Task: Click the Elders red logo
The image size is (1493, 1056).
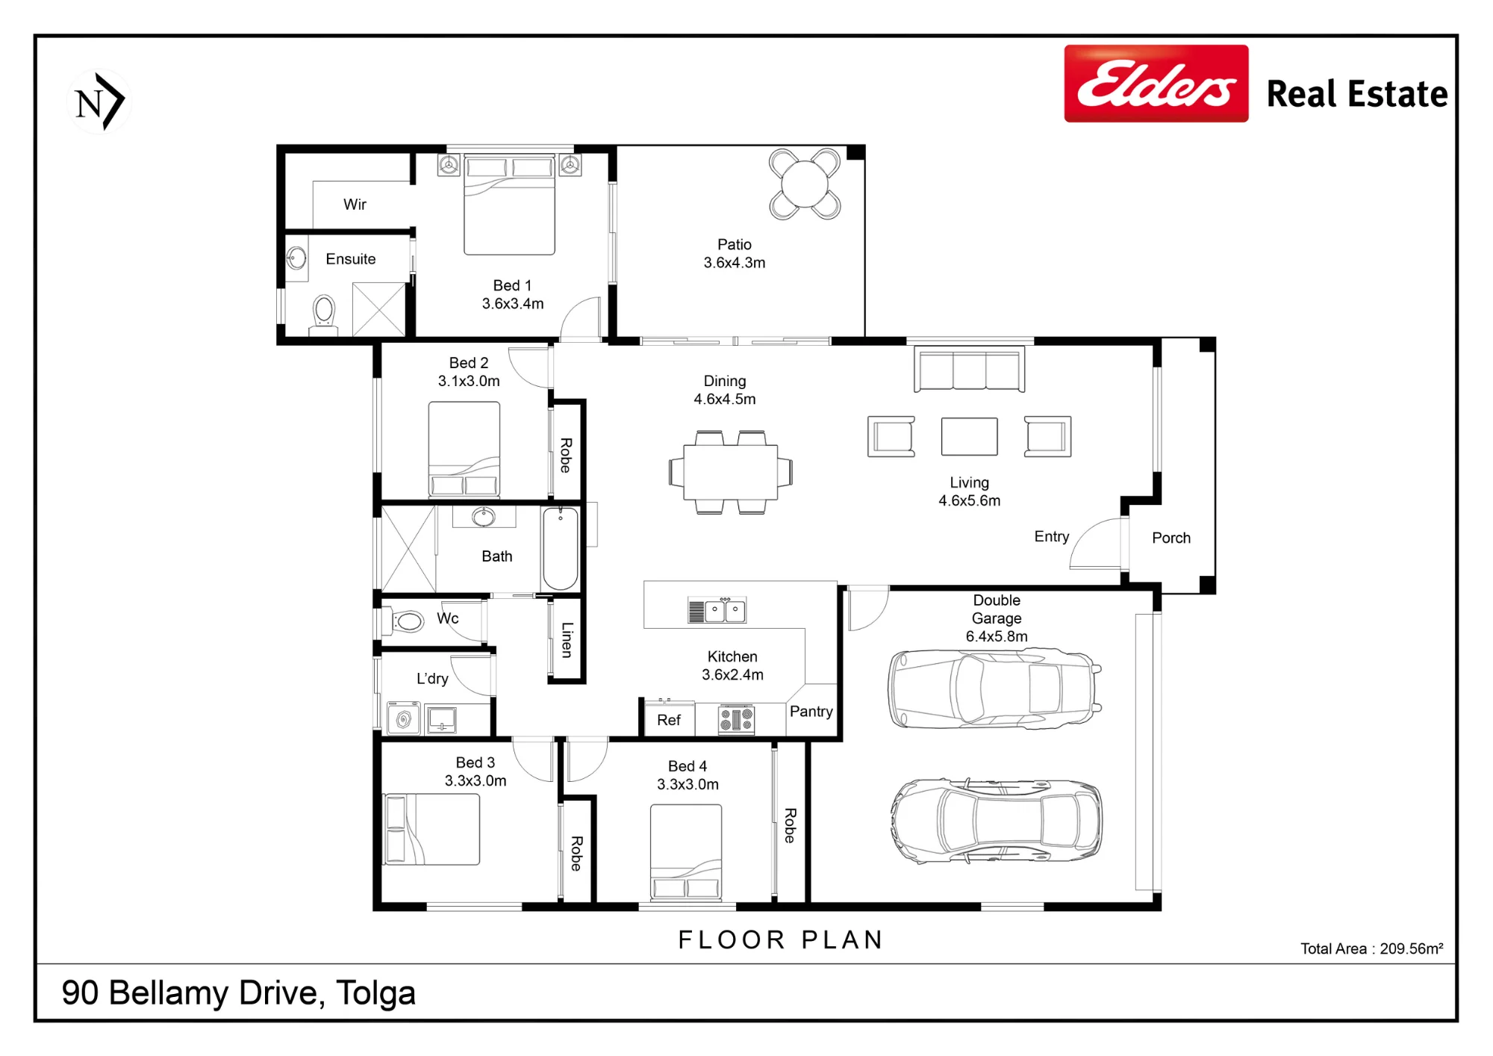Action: [1156, 84]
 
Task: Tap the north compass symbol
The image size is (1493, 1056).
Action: [99, 102]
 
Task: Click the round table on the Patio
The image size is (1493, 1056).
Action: [805, 184]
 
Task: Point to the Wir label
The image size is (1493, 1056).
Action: [355, 204]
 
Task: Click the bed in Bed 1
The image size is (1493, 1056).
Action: [509, 205]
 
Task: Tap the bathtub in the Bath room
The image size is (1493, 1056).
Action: [560, 549]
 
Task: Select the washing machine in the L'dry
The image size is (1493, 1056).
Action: [404, 718]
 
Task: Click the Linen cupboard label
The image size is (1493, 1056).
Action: [567, 640]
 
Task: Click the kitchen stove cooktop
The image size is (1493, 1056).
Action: [736, 720]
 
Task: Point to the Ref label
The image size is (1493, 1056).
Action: [669, 720]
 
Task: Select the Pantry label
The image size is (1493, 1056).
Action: [811, 711]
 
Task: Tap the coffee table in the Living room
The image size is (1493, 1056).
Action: [969, 436]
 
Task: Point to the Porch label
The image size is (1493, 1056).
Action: [1171, 538]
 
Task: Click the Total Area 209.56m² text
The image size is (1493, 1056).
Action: [1372, 948]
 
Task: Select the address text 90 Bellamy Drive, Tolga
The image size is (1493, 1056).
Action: [239, 993]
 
